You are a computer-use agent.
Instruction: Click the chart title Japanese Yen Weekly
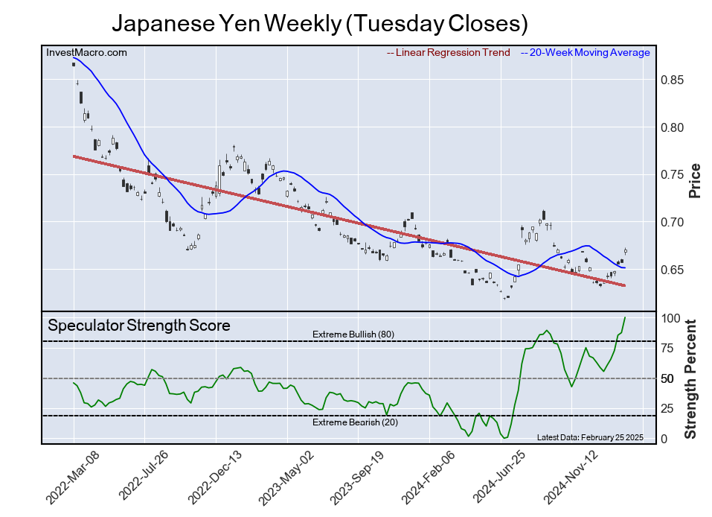pos(319,23)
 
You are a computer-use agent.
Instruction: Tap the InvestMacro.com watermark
pos(86,53)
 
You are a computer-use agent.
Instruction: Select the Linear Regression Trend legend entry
pos(449,53)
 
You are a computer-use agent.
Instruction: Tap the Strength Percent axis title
pos(692,378)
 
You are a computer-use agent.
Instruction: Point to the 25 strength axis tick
pos(669,409)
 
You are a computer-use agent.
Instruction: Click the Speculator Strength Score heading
pos(139,326)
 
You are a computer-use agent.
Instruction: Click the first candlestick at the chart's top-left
pos(74,64)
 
